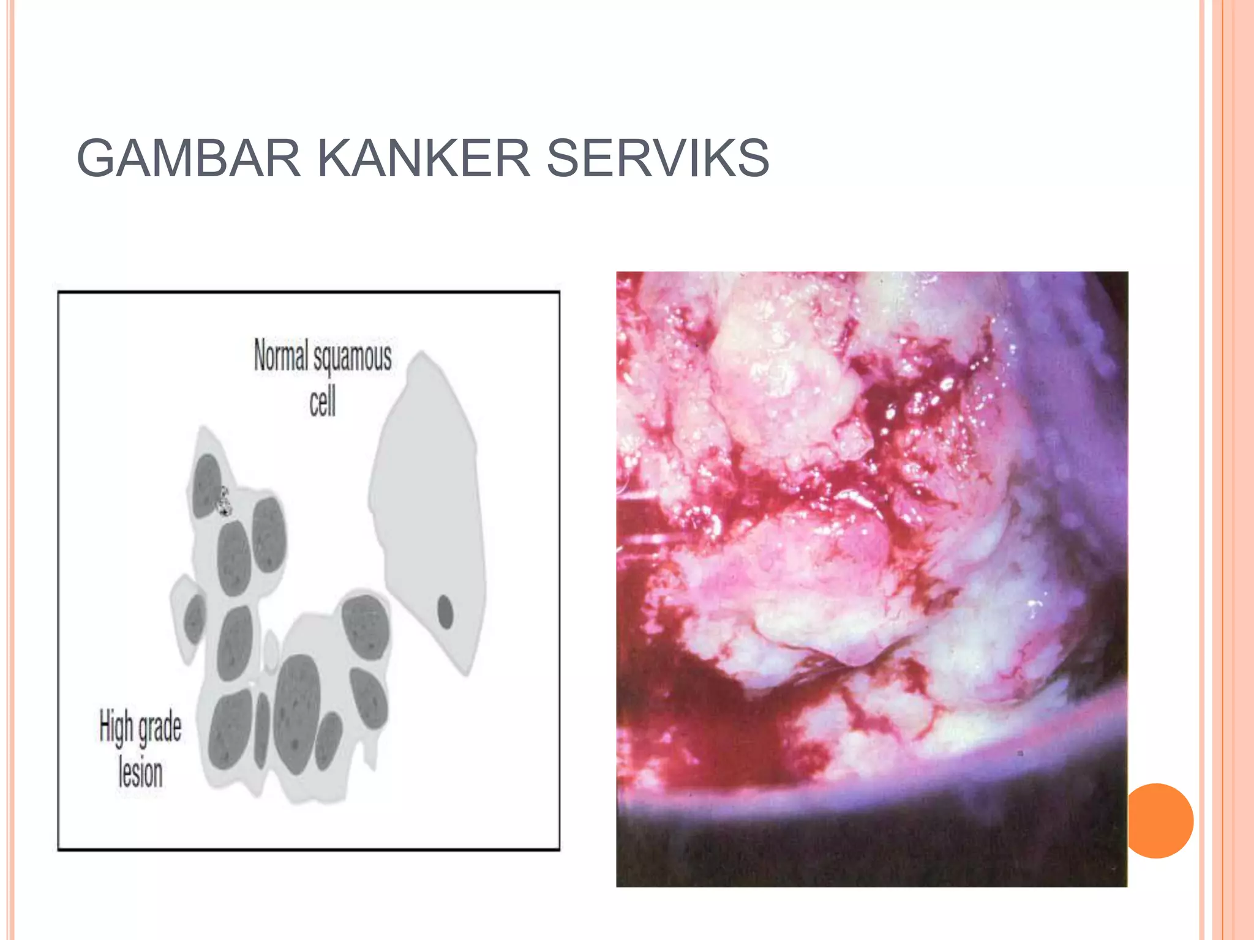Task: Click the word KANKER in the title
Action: (x=423, y=158)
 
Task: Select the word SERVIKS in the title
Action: (x=658, y=158)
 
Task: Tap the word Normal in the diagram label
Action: (x=281, y=355)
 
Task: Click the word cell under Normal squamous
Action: (x=322, y=402)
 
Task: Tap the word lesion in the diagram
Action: (x=141, y=772)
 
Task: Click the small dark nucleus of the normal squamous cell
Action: (x=445, y=611)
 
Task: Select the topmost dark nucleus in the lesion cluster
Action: (x=206, y=485)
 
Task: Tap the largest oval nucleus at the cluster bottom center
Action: (x=298, y=713)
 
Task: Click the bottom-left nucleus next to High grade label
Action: (x=230, y=729)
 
